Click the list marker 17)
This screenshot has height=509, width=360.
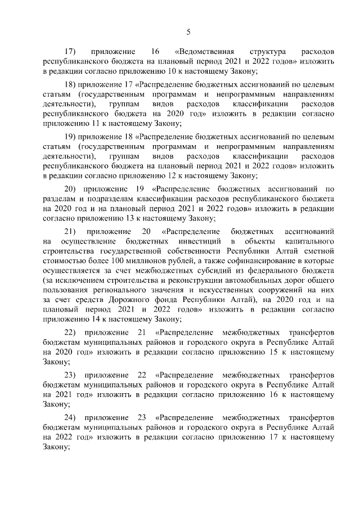click(71, 51)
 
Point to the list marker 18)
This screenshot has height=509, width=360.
click(70, 84)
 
